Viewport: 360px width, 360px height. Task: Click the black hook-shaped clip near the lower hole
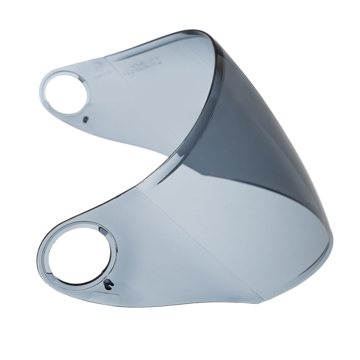[107, 285]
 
